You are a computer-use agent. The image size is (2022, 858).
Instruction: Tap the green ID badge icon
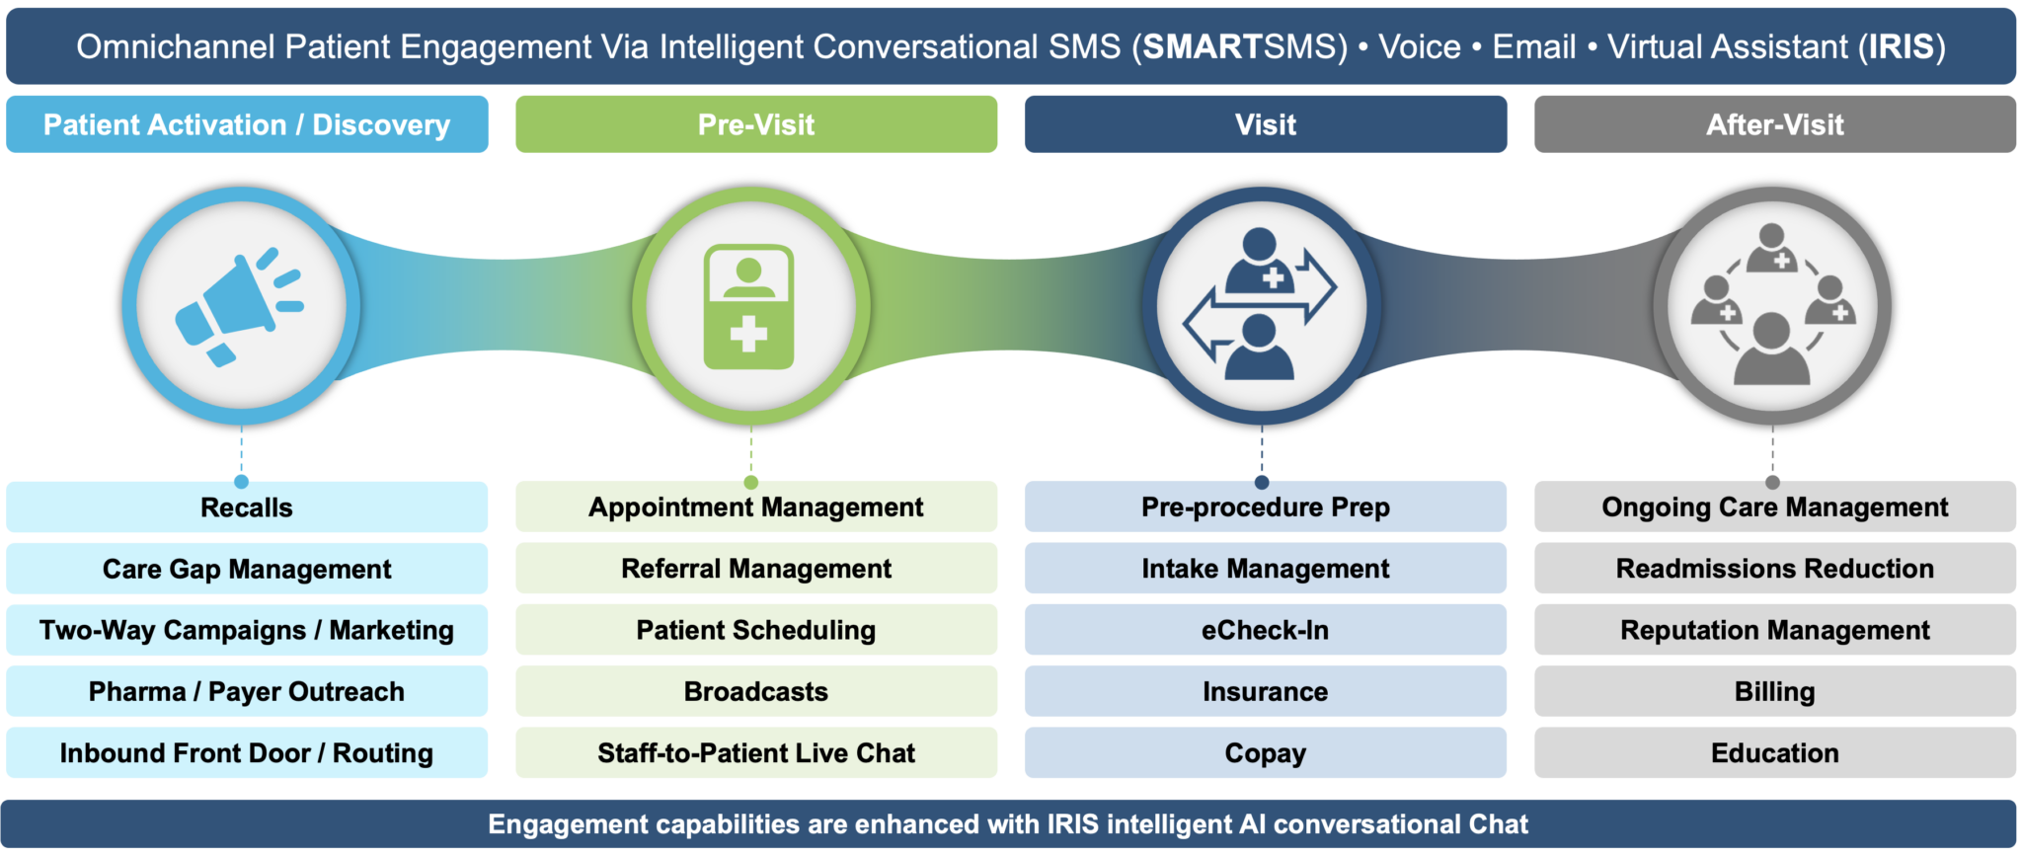[x=749, y=307]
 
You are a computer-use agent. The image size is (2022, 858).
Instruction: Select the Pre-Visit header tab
[x=756, y=124]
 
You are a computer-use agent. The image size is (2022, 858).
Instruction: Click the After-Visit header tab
[x=1774, y=124]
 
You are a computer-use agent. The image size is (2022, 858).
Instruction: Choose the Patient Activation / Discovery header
[x=247, y=124]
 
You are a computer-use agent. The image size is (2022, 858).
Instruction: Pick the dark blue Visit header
[x=1265, y=124]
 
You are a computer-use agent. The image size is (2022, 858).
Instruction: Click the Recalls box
[x=247, y=507]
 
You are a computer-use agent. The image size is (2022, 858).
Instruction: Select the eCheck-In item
[x=1265, y=630]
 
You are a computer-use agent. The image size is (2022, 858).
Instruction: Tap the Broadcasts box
[x=756, y=691]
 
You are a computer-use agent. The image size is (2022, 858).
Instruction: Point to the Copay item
[x=1265, y=753]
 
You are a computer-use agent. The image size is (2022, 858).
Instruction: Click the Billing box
[x=1774, y=691]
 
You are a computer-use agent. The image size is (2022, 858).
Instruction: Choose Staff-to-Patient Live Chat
[x=756, y=753]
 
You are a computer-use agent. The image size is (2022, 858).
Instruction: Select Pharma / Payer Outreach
[x=247, y=691]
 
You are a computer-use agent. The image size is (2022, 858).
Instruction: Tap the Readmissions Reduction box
[x=1774, y=569]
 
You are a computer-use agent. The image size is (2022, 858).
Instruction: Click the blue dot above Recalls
[x=241, y=482]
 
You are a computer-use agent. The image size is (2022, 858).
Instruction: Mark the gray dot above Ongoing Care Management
[x=1772, y=483]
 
